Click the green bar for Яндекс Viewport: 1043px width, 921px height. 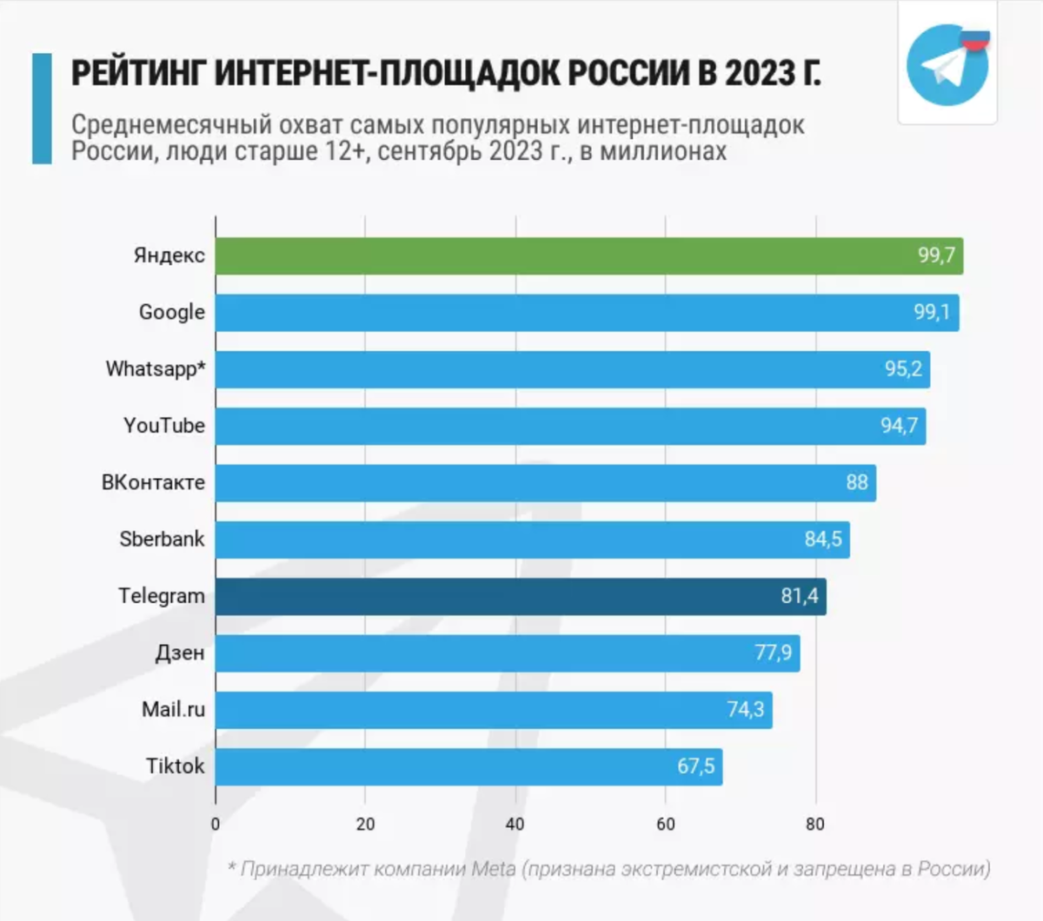pos(589,255)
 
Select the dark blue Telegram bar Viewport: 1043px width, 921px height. pos(521,596)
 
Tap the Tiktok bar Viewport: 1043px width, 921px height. pos(468,766)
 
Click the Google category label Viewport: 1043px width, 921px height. pos(172,312)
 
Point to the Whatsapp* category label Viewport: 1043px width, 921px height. pos(156,369)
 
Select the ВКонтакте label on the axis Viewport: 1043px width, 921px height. pos(153,482)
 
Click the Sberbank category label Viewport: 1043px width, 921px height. pos(162,539)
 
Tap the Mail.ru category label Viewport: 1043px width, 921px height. pos(173,709)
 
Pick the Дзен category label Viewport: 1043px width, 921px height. pos(180,653)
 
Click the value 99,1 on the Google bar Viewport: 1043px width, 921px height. pos(932,312)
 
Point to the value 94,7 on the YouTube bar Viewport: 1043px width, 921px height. pos(899,426)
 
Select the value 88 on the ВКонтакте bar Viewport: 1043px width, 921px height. pos(857,482)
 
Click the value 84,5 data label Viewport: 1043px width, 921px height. pos(822,540)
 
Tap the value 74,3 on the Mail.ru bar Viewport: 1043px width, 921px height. pos(745,710)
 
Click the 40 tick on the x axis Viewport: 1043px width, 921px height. pos(515,824)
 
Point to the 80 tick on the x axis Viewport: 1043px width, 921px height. pos(815,824)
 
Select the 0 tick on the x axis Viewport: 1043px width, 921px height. pos(216,824)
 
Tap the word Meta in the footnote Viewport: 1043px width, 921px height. pos(494,868)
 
